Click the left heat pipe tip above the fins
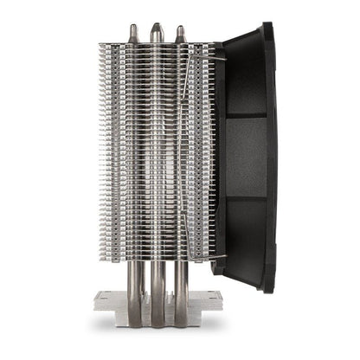[x=132, y=32]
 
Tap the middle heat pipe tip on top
[x=155, y=29]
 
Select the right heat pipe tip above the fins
[x=179, y=33]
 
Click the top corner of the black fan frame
[x=267, y=26]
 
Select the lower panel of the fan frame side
[x=247, y=234]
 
